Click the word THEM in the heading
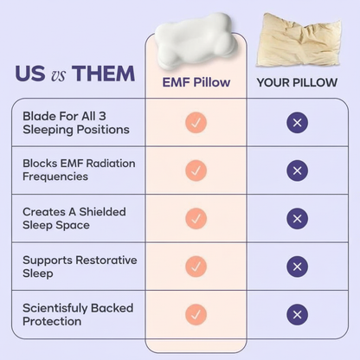pos(103,74)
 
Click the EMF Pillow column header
pos(196,83)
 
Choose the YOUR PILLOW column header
pos(297,83)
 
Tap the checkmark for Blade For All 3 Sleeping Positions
pos(196,123)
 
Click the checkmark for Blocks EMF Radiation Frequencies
pos(196,170)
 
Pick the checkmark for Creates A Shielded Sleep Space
pos(196,218)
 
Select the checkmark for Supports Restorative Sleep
pos(196,267)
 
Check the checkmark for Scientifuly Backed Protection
pos(196,314)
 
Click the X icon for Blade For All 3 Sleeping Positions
pos(297,123)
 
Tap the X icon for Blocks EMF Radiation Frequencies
pos(297,170)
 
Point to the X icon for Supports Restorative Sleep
pos(297,267)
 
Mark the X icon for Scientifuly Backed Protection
pos(297,314)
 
